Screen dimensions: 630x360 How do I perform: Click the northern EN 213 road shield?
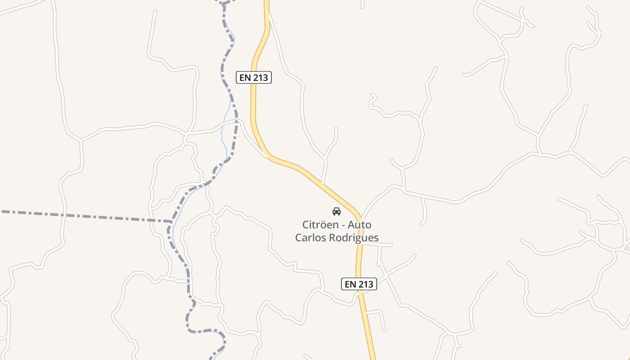254,77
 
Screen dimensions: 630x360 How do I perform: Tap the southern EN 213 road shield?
359,284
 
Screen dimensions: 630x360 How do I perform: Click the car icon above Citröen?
337,211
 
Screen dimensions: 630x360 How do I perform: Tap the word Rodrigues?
354,238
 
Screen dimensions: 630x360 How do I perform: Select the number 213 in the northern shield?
261,77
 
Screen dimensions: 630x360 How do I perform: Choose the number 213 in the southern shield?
365,284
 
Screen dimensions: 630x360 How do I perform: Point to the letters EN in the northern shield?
245,77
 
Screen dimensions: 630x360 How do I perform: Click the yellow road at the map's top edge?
266,2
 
